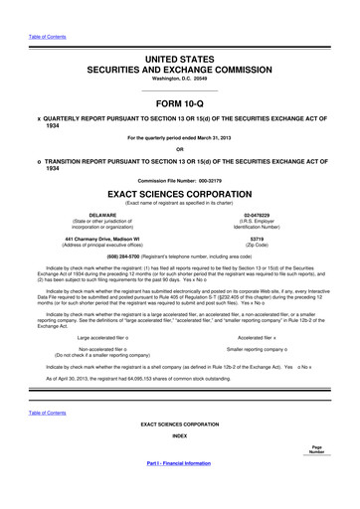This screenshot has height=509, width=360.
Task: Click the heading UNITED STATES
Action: click(x=179, y=61)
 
